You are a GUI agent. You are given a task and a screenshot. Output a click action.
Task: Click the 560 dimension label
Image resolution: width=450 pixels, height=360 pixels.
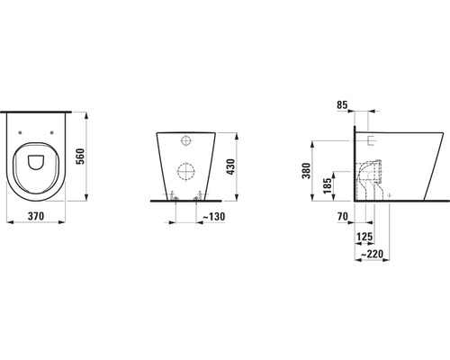pyautogui.click(x=81, y=156)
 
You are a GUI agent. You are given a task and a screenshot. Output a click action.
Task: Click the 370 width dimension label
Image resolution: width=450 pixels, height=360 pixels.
pyautogui.click(x=36, y=216)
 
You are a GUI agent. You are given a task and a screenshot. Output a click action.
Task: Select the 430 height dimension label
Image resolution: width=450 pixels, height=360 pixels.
pyautogui.click(x=230, y=166)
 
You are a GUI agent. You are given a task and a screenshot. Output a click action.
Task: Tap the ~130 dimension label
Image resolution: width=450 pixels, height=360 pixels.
pyautogui.click(x=214, y=216)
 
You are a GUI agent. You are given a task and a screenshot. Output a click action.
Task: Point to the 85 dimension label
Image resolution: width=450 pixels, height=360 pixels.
pyautogui.click(x=342, y=105)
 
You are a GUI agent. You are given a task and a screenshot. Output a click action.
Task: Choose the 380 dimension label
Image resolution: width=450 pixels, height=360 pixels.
pyautogui.click(x=306, y=170)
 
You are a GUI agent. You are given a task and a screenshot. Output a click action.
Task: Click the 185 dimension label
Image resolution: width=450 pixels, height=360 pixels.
pyautogui.click(x=328, y=185)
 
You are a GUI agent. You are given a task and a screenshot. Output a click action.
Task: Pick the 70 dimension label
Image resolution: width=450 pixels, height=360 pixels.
pyautogui.click(x=342, y=216)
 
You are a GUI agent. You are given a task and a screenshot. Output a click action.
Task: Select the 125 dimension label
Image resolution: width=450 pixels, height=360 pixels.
pyautogui.click(x=364, y=237)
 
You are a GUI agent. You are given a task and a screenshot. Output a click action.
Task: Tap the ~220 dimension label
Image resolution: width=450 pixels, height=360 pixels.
pyautogui.click(x=372, y=254)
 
